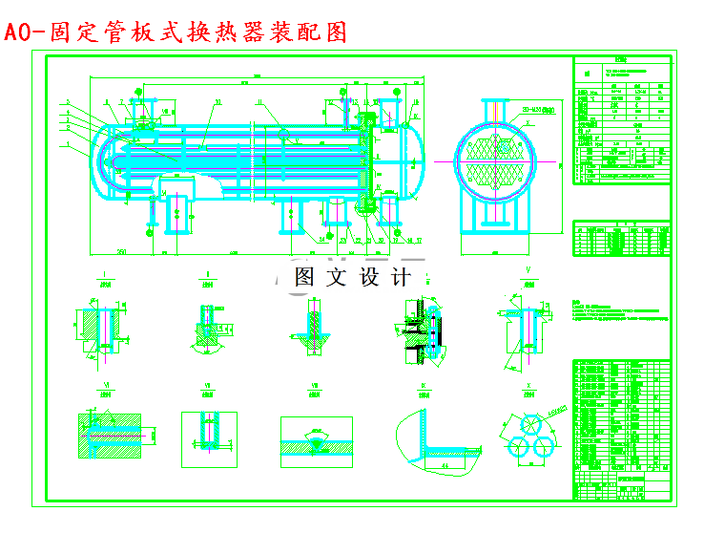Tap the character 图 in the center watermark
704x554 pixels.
(305, 278)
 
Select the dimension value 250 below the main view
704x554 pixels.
(123, 251)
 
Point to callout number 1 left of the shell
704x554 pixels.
(69, 144)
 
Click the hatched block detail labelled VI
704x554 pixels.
(109, 436)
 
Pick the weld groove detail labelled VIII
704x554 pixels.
(316, 441)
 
